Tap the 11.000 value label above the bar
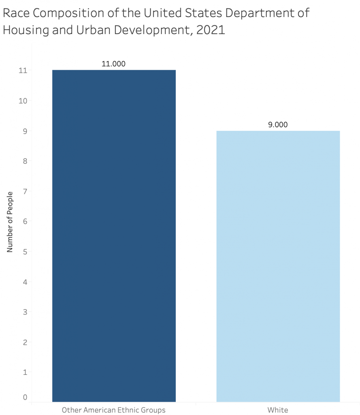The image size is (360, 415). point(113,64)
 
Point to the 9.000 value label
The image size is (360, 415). point(278,124)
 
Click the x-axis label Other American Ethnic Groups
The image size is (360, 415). point(113,410)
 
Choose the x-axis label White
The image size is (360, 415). point(278,410)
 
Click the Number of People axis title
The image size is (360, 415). point(10,221)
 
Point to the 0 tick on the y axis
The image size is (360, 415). point(25,397)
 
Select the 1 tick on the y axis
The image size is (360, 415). point(25,372)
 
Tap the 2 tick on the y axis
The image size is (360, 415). point(25,342)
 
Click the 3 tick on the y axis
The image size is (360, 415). point(25,312)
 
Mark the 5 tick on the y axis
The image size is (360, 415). point(25,251)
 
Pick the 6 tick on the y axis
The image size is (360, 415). point(25,221)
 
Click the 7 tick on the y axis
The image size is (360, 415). point(25,191)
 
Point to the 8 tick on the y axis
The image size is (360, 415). point(25,161)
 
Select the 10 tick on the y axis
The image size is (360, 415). point(23,101)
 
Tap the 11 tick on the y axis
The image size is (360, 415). point(23,70)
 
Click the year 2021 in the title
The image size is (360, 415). point(210,30)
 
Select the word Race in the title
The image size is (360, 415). point(16,13)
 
